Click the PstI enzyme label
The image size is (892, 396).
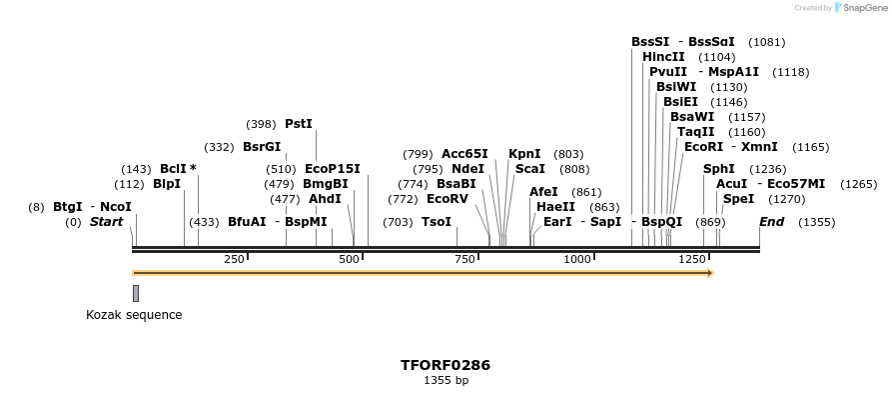pos(299,124)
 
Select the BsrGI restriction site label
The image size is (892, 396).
pos(262,147)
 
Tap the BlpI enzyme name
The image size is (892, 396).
pos(167,184)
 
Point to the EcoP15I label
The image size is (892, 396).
pos(333,169)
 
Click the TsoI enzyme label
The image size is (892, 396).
pos(437,221)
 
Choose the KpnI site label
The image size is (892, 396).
pos(524,154)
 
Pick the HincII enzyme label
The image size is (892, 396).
pos(663,57)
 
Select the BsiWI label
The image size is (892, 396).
pos(676,87)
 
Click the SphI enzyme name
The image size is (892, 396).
pos(718,169)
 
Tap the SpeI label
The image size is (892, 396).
pos(738,199)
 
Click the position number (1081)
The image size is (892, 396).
pos(766,42)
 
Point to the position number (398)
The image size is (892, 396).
pos(261,124)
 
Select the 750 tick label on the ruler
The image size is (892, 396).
pos(464,260)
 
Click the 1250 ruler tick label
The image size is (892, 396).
pos(692,260)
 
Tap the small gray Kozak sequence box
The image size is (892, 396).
pos(136,293)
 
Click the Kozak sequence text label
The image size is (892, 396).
pos(134,315)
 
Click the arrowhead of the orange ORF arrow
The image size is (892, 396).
pos(709,272)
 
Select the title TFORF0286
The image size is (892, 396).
pos(446,365)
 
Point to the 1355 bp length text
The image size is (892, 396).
pos(446,381)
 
